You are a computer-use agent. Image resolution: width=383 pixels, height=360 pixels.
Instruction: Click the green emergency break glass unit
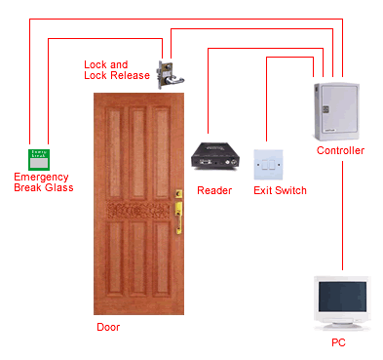(40, 159)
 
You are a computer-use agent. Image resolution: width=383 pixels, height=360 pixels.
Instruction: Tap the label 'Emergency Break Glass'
(43, 182)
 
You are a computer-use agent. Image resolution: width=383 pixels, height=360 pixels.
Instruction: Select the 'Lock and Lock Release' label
(117, 70)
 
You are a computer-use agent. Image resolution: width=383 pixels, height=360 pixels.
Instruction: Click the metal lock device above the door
(166, 71)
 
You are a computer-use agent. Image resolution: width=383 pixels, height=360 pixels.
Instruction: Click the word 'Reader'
(214, 190)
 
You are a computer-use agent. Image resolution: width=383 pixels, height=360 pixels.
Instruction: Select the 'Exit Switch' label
(280, 190)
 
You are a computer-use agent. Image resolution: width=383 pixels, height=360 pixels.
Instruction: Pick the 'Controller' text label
(341, 150)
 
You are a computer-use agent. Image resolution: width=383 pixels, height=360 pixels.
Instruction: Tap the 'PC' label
(338, 343)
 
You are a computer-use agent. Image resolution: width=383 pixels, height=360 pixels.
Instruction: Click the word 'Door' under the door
(108, 327)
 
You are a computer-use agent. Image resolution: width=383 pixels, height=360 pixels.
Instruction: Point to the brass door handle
(178, 209)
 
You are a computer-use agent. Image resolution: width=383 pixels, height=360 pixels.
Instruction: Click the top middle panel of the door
(135, 146)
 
